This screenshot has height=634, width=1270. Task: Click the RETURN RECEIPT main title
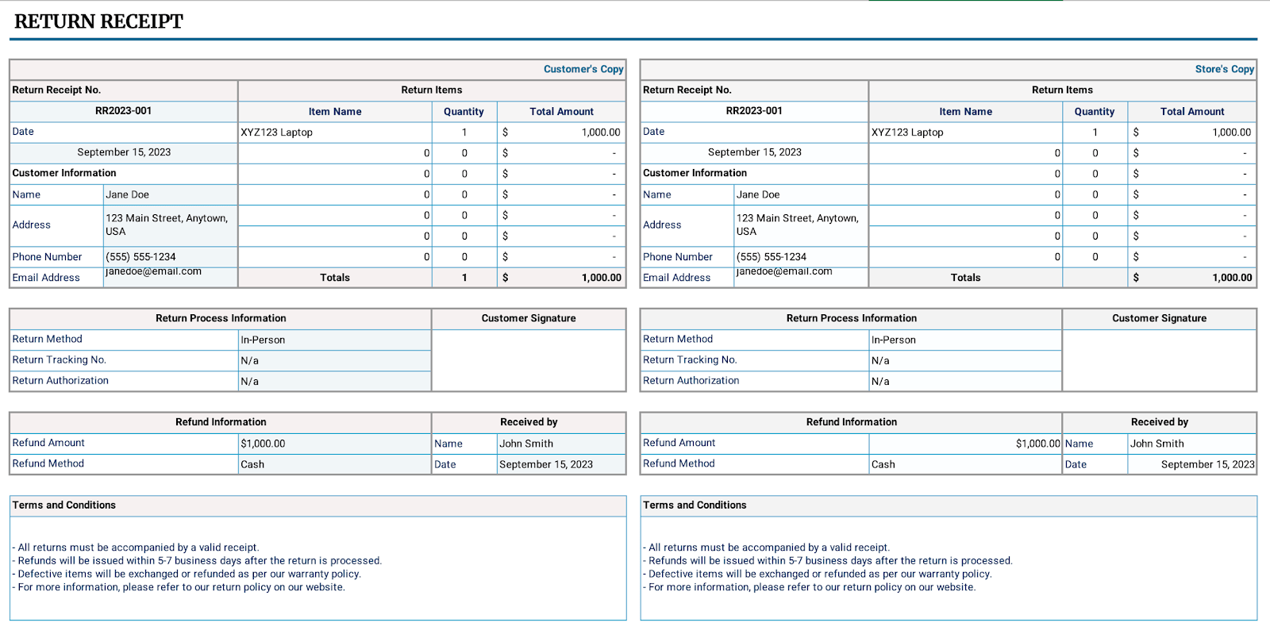click(98, 21)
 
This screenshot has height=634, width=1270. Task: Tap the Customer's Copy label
click(583, 69)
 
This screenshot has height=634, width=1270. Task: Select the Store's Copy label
click(1224, 69)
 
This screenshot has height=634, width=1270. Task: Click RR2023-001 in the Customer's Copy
click(123, 111)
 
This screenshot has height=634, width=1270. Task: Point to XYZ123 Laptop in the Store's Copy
click(907, 133)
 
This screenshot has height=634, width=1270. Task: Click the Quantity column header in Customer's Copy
click(464, 112)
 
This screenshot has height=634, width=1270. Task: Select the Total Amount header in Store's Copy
click(1191, 112)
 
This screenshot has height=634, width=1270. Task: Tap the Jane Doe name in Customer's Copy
click(127, 194)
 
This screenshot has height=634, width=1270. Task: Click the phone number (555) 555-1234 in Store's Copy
click(771, 257)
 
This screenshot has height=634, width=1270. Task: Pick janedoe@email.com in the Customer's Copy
click(153, 271)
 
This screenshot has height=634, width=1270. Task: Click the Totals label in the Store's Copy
click(965, 278)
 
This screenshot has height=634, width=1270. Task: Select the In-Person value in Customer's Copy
click(263, 340)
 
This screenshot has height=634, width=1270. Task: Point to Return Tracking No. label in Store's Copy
click(690, 360)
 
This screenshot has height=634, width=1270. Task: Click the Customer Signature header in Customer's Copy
click(529, 318)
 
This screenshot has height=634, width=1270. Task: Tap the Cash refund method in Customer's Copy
click(252, 464)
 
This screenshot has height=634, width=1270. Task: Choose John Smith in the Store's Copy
click(1156, 444)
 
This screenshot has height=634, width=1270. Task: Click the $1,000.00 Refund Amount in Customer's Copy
click(263, 444)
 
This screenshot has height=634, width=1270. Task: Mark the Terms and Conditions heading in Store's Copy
click(695, 505)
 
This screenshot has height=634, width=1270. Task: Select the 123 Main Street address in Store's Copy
click(797, 218)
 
